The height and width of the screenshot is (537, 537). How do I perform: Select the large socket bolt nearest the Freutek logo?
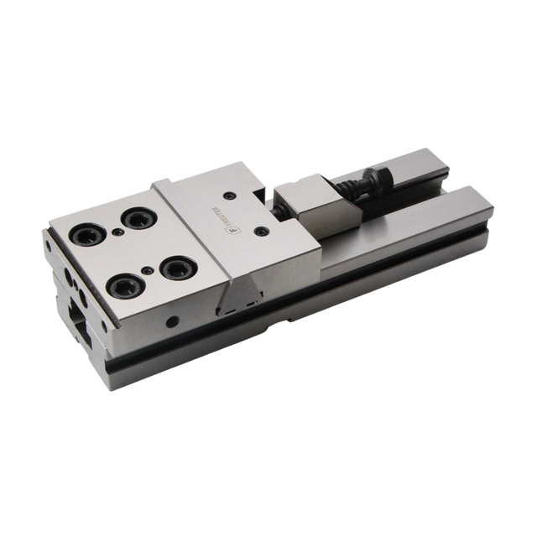tap(176, 268)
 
